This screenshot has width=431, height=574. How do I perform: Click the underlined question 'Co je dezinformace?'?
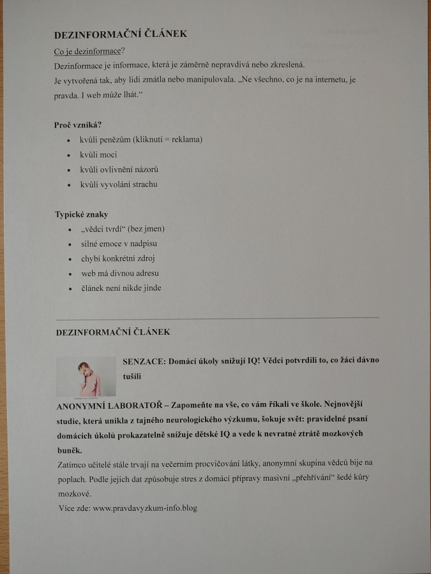tap(89, 51)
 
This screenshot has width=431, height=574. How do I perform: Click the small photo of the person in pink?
tap(86, 376)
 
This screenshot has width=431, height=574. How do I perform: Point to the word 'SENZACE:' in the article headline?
tap(144, 360)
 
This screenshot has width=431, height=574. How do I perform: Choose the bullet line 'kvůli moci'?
tap(99, 154)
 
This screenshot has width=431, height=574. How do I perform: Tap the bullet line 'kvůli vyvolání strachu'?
tap(119, 184)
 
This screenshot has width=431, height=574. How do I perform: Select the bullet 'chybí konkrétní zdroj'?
tap(118, 258)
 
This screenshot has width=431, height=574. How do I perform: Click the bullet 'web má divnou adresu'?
tap(120, 273)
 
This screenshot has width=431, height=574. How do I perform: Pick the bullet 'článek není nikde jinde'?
tap(121, 288)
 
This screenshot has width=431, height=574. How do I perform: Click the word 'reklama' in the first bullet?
tap(187, 140)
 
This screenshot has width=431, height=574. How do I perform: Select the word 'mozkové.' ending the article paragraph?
tap(75, 493)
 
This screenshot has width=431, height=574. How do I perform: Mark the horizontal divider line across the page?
tap(217, 317)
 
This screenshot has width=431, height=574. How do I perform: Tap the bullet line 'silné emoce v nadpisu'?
tap(119, 244)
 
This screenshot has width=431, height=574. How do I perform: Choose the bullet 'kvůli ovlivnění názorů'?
tap(119, 170)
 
